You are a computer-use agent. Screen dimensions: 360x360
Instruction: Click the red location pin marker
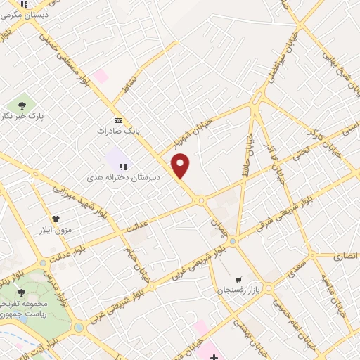(x=181, y=165)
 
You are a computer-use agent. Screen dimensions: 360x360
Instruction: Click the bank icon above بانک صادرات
(x=117, y=120)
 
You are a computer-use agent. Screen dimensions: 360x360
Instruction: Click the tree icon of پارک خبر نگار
(x=21, y=105)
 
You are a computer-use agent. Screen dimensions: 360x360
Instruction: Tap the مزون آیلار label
(x=55, y=229)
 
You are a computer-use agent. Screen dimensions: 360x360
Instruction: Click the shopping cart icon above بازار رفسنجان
(x=239, y=279)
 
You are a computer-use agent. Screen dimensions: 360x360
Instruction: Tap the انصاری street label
(x=345, y=256)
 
